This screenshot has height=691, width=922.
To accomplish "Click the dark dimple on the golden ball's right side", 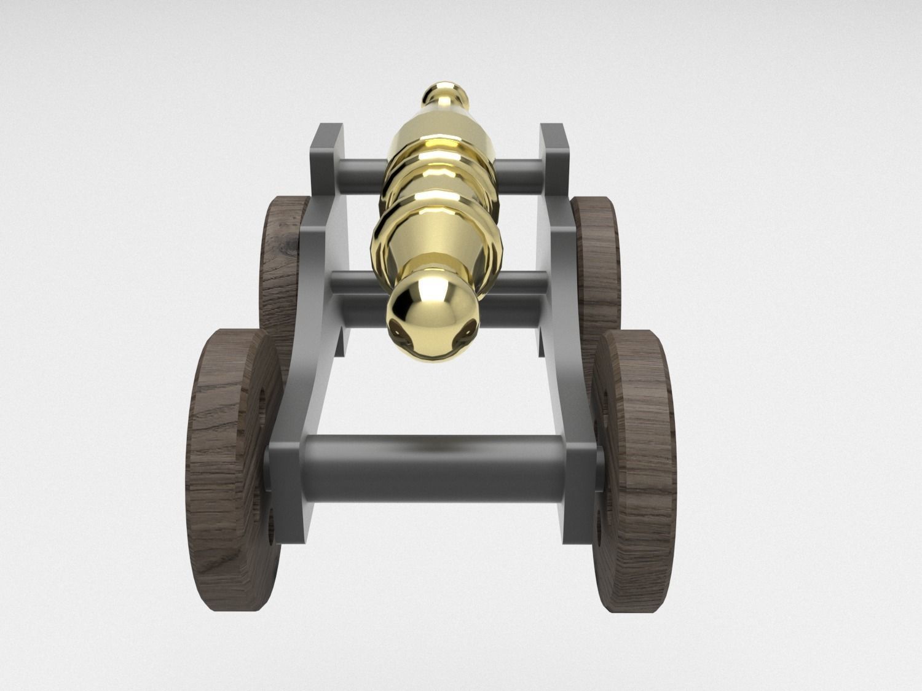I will point(468,328).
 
